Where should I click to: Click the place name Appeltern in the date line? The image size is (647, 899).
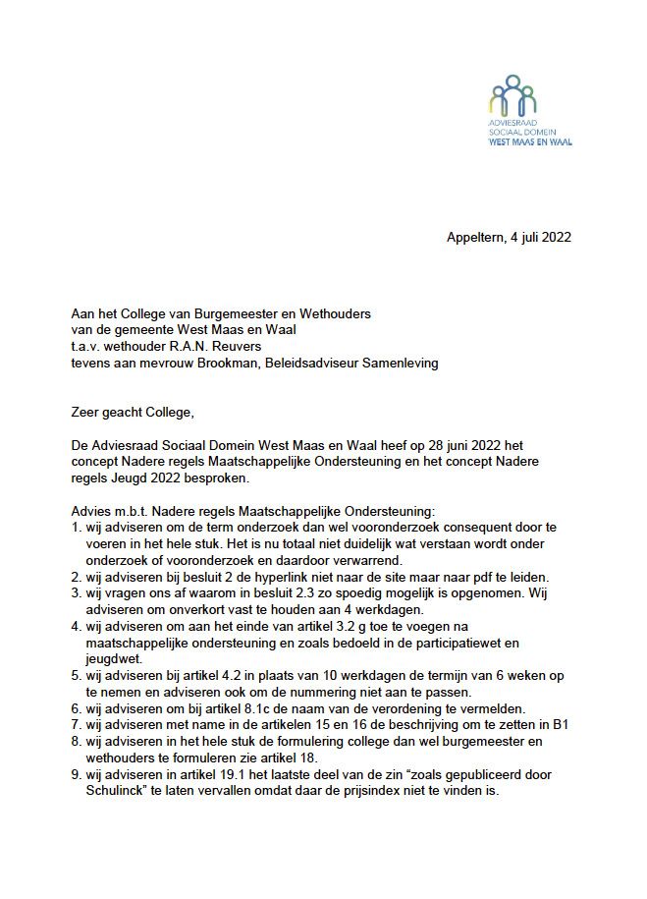click(477, 237)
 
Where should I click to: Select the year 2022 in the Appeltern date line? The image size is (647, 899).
click(555, 237)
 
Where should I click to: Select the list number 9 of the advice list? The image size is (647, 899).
click(77, 773)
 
